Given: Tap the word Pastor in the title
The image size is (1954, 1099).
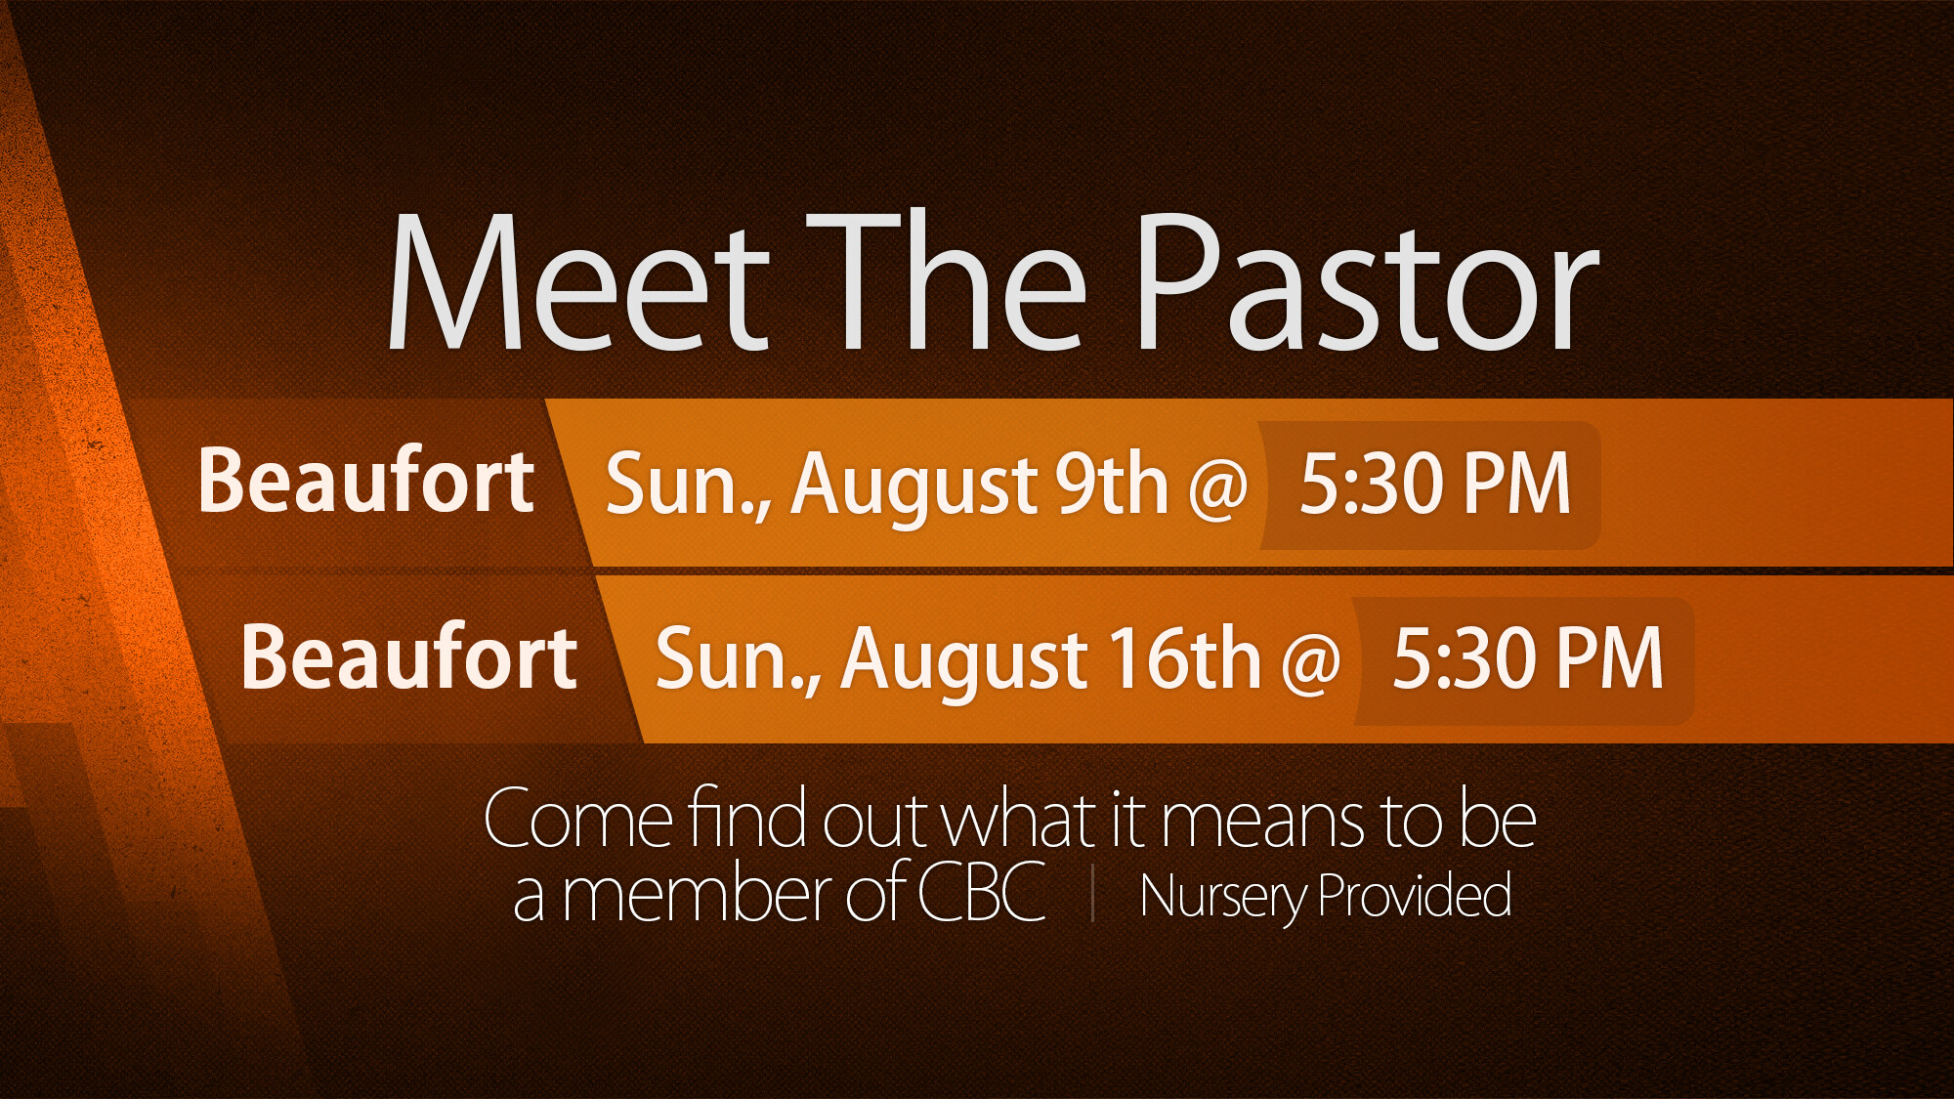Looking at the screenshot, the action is (1367, 281).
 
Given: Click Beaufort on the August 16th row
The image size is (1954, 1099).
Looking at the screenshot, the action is (409, 656).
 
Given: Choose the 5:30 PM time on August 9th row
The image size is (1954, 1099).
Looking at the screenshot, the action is (1435, 483).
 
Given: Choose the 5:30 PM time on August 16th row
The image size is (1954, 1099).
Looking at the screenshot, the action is (1528, 658).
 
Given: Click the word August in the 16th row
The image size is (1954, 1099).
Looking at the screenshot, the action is (965, 663).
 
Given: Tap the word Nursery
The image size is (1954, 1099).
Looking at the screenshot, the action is (1225, 898).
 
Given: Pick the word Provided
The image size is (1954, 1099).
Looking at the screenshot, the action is (1416, 895).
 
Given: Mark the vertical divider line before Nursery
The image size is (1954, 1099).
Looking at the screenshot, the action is (1093, 893).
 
